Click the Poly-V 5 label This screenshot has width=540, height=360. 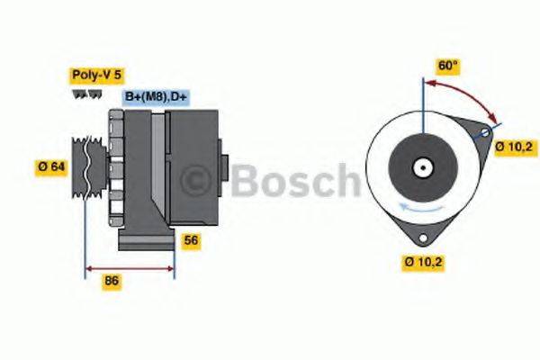point(96,76)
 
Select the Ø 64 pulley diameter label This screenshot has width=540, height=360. point(51,166)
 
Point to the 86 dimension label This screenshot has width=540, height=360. point(112,282)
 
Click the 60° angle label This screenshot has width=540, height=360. point(447,66)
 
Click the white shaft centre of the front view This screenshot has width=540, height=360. point(421,168)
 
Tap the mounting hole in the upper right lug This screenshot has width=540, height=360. point(485,134)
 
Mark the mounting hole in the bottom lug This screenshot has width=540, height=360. point(421,238)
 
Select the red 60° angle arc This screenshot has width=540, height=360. point(468,93)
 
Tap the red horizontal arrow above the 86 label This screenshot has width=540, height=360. point(129,267)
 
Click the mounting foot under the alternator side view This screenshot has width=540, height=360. point(147,242)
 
